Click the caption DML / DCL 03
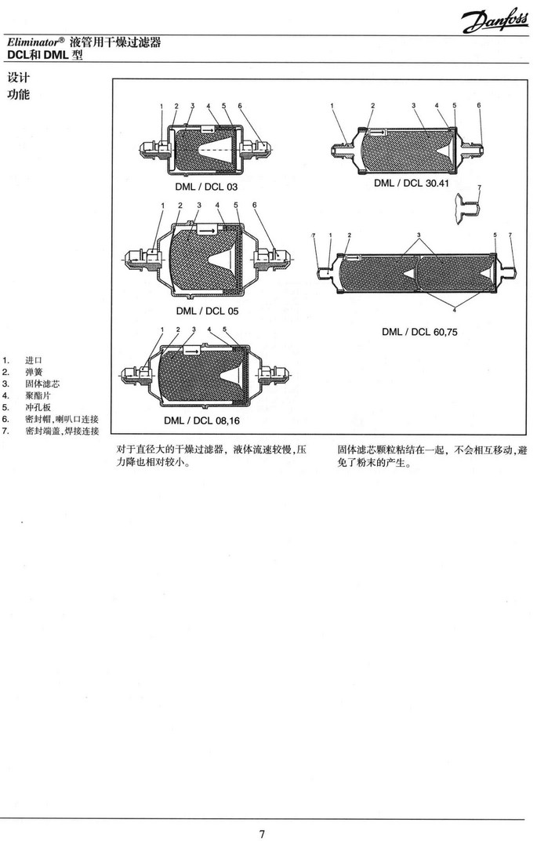[x=206, y=188]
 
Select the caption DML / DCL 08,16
[x=208, y=420]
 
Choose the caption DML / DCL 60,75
[x=419, y=332]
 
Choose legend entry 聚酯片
[x=38, y=395]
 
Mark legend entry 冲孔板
[x=38, y=407]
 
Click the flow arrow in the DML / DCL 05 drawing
[x=208, y=230]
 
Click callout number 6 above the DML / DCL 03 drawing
[x=240, y=105]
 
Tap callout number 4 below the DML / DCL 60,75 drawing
[x=454, y=309]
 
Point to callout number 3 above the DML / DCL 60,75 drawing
[x=419, y=235]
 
